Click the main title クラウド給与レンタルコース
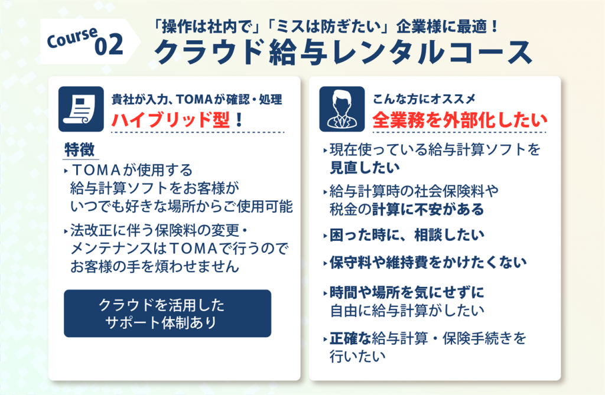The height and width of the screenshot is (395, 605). tap(343, 52)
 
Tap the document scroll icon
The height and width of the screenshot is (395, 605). tap(81, 109)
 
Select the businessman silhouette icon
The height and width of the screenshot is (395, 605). tap(342, 109)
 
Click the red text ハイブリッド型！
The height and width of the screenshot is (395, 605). tap(177, 120)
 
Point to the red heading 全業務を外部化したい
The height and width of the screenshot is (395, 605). tap(460, 120)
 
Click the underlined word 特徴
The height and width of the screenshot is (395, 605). tap(80, 149)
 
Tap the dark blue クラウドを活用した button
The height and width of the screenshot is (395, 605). tap(167, 313)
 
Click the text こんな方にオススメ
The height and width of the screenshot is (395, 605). tap(424, 99)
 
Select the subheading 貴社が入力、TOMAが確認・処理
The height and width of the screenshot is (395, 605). tap(197, 100)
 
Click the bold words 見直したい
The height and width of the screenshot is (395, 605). tap(365, 168)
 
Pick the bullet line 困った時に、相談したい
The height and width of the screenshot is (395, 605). tap(406, 235)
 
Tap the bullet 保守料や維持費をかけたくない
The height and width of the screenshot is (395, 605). tap(428, 263)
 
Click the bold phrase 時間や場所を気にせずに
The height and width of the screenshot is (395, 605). tap(406, 292)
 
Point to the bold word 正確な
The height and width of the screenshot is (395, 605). tap(350, 338)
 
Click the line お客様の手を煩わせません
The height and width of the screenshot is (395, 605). tap(155, 266)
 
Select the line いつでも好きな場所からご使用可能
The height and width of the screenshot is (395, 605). tap(181, 207)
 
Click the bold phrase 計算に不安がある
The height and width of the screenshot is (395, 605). tap(428, 210)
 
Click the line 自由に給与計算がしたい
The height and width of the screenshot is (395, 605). tap(407, 311)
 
